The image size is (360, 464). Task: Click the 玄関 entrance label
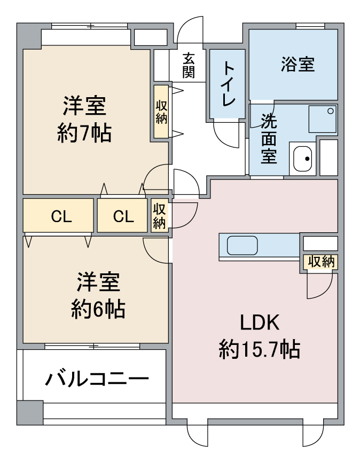coord(189,65)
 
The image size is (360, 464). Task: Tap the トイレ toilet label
coord(228,83)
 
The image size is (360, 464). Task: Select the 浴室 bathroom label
coord(298,64)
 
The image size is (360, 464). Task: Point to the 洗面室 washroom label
coord(269,138)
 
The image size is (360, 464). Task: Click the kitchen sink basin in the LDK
coord(242,245)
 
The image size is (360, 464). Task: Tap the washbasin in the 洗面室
coord(302,159)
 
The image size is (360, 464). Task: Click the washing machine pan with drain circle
coord(323,119)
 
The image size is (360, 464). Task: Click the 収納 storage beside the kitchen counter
coord(321,262)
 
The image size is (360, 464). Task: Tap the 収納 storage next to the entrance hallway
coord(161,112)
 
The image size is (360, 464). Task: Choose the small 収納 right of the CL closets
coord(159,215)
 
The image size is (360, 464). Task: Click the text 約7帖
coord(84,133)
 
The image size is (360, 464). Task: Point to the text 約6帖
coord(98,309)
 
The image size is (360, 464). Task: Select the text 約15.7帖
coord(260,350)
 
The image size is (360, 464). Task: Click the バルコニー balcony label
coord(97,379)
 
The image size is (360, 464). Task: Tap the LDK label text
coord(260,323)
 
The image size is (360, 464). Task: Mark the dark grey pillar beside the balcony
coord(30,413)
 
